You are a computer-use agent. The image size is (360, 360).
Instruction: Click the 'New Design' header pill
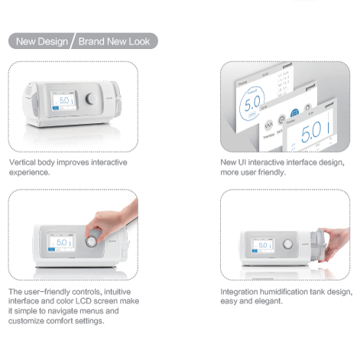(39, 41)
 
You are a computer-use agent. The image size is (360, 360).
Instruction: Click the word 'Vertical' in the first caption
(22, 163)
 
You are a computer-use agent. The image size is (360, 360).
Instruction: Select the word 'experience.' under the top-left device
(28, 173)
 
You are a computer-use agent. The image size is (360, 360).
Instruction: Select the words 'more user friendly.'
(253, 173)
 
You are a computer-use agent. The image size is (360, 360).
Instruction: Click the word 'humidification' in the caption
(276, 292)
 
